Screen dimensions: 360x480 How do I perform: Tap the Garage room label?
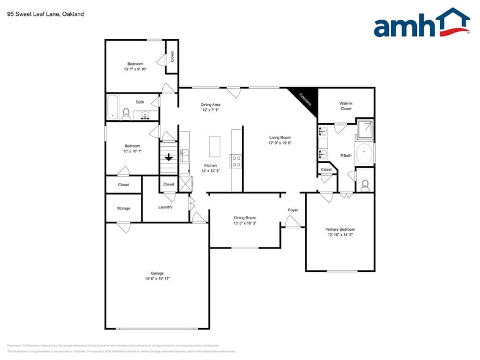click(157, 273)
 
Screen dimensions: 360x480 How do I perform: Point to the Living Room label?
click(280, 138)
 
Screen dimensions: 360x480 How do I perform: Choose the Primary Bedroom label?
click(340, 230)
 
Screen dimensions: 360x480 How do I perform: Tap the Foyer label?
click(293, 210)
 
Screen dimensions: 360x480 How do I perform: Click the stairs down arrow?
click(168, 157)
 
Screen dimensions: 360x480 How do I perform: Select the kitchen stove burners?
click(236, 161)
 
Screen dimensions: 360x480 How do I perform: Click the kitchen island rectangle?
click(214, 146)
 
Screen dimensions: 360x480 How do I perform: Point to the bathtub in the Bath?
click(112, 107)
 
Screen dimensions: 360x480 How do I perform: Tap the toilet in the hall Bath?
click(126, 114)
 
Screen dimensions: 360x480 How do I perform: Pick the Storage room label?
click(124, 208)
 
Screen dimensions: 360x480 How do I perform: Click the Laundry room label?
click(165, 207)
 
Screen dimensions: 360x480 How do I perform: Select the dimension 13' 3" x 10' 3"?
click(244, 223)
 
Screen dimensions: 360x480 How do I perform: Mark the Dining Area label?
click(211, 105)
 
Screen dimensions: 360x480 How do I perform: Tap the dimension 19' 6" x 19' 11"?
click(157, 279)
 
